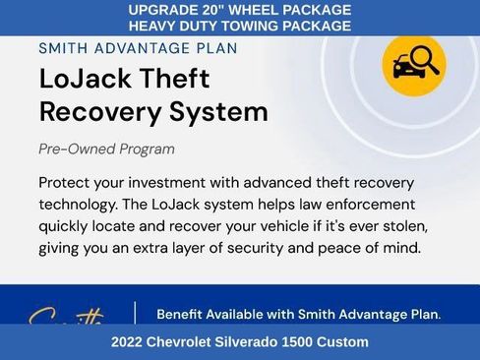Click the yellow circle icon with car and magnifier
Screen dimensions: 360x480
(x=413, y=65)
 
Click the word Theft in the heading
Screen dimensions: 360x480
(x=173, y=80)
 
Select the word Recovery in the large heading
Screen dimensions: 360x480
(x=99, y=112)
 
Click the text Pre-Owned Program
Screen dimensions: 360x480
(x=107, y=150)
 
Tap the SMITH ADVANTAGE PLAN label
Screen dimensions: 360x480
(x=138, y=47)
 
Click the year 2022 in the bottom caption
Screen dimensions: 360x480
(x=128, y=342)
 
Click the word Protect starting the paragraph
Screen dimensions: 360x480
(x=67, y=183)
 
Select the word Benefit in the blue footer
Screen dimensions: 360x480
(x=184, y=315)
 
